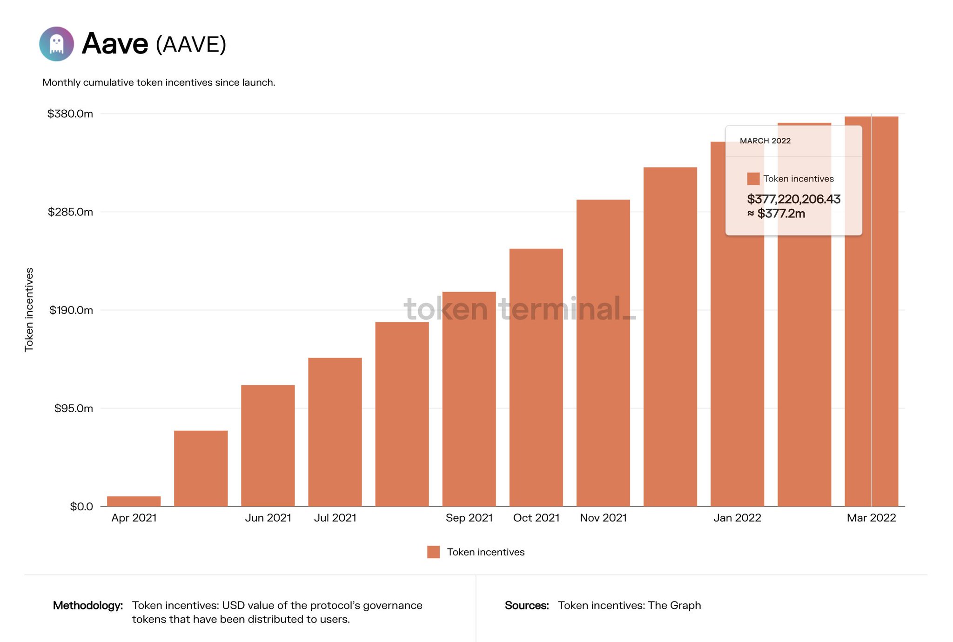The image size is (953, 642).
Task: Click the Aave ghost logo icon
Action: [56, 44]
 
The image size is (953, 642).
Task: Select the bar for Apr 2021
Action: [134, 501]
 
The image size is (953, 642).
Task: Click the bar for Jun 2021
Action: [268, 445]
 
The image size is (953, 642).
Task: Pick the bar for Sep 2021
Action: [469, 399]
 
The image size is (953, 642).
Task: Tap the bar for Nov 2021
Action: [603, 353]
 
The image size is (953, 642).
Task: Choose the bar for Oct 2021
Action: [536, 377]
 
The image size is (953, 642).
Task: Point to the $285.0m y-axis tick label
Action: [70, 212]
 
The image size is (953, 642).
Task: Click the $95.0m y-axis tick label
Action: [74, 408]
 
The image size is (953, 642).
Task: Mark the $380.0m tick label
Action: [70, 114]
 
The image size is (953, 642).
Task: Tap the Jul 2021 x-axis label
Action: [335, 518]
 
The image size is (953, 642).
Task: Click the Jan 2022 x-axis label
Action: [737, 518]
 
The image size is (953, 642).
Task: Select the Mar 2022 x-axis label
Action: [871, 518]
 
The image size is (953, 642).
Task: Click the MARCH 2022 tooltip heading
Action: [765, 141]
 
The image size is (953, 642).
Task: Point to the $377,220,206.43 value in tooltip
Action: [793, 199]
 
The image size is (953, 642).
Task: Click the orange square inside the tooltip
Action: [753, 179]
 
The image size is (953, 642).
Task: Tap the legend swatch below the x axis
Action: [433, 552]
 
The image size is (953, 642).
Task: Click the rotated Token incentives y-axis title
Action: [29, 310]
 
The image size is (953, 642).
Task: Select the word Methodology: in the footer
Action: [88, 605]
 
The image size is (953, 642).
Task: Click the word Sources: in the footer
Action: [527, 605]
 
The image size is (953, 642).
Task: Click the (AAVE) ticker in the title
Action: [191, 45]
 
